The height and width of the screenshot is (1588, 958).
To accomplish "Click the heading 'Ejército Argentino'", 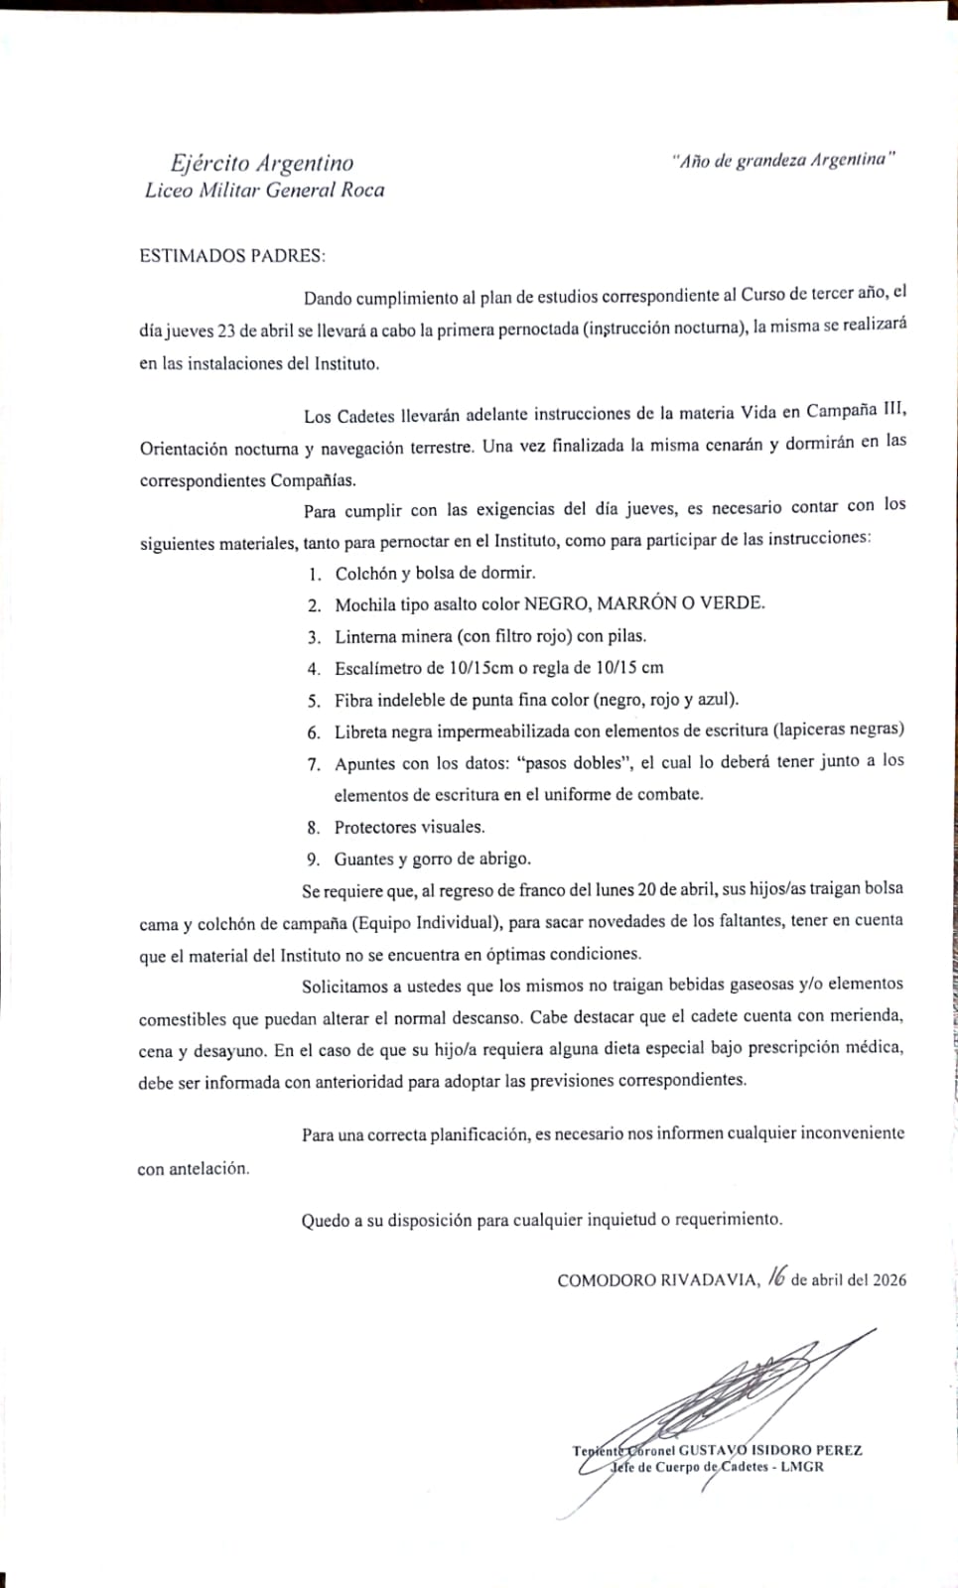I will (x=261, y=163).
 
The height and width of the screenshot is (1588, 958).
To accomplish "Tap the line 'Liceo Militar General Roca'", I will (x=264, y=191).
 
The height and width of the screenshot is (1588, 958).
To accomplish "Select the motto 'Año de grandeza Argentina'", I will (x=783, y=160).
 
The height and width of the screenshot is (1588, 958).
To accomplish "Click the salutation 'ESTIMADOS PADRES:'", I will (x=232, y=255).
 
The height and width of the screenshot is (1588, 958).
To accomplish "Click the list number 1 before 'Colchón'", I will (x=314, y=574).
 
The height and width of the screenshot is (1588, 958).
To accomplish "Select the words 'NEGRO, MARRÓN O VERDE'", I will (x=644, y=603).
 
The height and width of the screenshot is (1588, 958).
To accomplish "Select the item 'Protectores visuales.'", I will (x=409, y=827).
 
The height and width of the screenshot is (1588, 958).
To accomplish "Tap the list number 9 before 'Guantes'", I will (x=313, y=860).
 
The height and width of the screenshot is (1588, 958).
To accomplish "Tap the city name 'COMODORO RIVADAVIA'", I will (x=658, y=1280).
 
